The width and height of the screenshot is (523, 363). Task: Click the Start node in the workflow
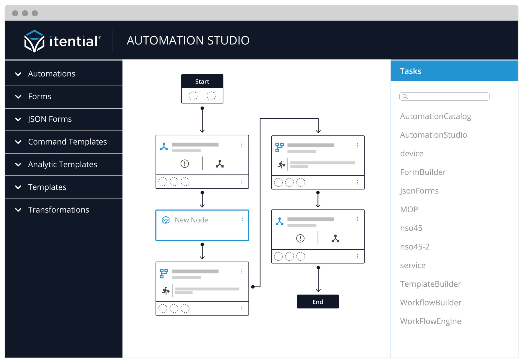pos(202,82)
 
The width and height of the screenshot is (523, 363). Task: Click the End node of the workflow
pos(318,302)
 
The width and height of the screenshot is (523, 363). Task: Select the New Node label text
pos(191,220)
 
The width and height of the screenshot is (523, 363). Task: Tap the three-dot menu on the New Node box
pos(242,219)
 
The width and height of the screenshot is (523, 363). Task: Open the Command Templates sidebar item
pos(67,142)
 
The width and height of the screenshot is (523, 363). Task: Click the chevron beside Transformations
pos(18,210)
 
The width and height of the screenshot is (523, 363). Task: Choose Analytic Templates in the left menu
pos(63,165)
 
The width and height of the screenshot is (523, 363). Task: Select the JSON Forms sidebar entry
pos(50,119)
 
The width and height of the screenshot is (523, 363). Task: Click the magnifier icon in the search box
pos(405,97)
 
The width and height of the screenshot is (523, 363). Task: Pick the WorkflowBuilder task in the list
pos(431,303)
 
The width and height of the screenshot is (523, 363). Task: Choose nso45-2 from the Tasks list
pos(415,247)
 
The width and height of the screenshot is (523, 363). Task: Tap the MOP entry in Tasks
pos(409,209)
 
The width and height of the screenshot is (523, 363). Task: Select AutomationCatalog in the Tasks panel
pos(435,116)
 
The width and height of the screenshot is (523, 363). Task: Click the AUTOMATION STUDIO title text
pos(188,40)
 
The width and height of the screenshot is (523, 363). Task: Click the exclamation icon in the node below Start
pos(185,163)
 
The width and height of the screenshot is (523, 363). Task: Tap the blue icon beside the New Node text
pos(166,220)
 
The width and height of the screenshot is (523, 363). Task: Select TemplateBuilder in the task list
pos(430,284)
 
